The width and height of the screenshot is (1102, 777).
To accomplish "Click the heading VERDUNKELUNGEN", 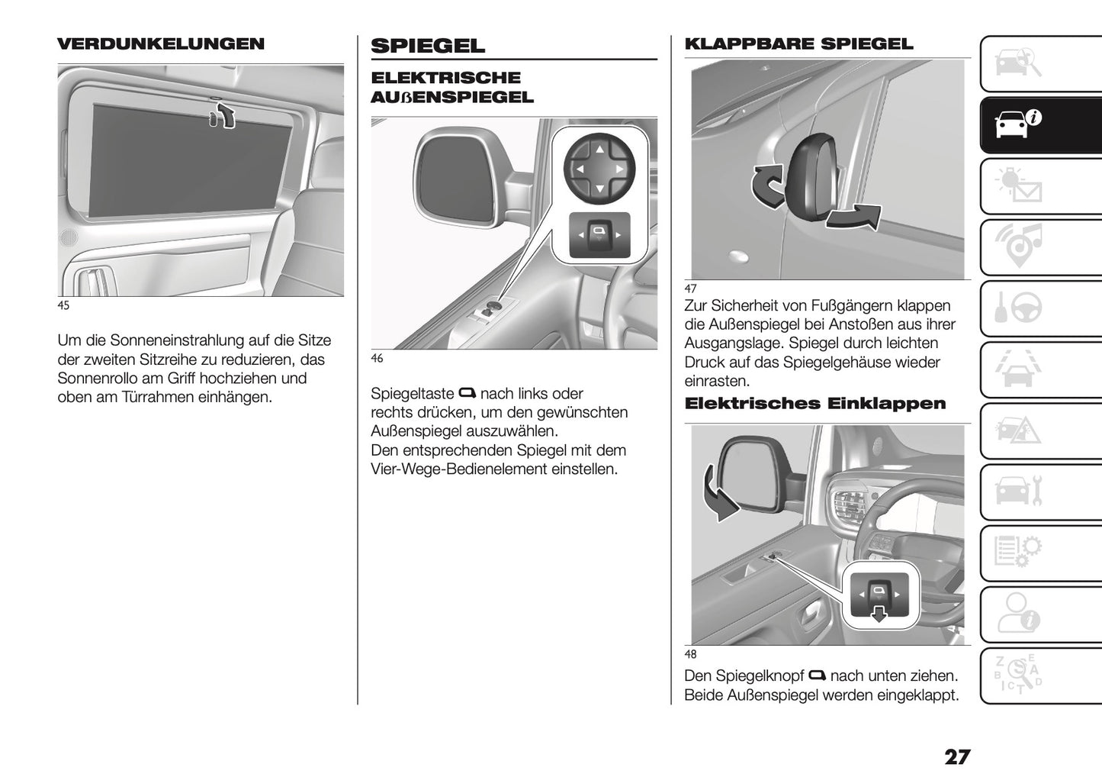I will click(x=161, y=44).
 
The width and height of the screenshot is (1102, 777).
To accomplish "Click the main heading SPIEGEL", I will click(x=427, y=46).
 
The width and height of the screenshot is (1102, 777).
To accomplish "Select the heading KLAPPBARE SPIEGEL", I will click(x=798, y=44).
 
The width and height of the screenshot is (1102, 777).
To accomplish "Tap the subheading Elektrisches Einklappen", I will click(x=814, y=404).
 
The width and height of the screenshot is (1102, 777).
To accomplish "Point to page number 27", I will click(x=957, y=757).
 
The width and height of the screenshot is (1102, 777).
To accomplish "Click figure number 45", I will click(x=63, y=306).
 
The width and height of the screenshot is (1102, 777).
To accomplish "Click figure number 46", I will click(x=377, y=359).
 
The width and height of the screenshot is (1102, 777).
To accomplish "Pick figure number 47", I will click(x=690, y=289).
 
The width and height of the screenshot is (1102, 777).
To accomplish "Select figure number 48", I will click(x=690, y=654).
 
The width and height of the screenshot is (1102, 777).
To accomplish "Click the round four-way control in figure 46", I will click(x=599, y=168).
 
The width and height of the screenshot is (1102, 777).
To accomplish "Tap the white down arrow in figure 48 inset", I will click(x=880, y=614).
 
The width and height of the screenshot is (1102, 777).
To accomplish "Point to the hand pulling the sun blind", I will click(x=223, y=115).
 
